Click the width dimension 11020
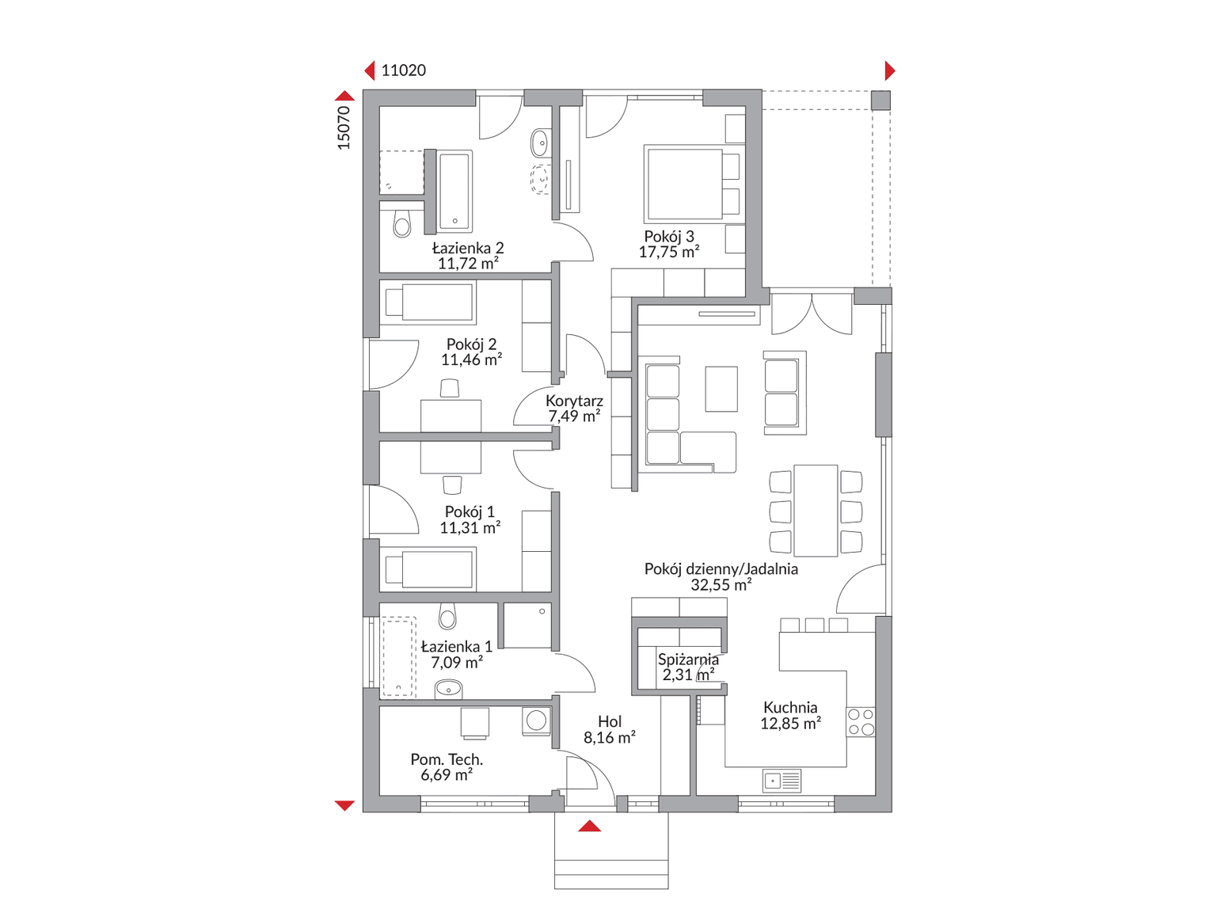pyautogui.click(x=403, y=70)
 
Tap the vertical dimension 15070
pyautogui.click(x=344, y=128)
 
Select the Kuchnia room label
pyautogui.click(x=790, y=707)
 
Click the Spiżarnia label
pyautogui.click(x=688, y=660)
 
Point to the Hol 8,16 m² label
pyautogui.click(x=610, y=729)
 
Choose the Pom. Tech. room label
pyautogui.click(x=447, y=759)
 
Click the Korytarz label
pyautogui.click(x=574, y=401)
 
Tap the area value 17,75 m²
pyautogui.click(x=669, y=252)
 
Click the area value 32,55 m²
pyautogui.click(x=721, y=585)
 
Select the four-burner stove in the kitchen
pyautogui.click(x=861, y=722)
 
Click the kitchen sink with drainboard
pyautogui.click(x=781, y=781)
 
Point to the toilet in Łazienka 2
pyautogui.click(x=402, y=223)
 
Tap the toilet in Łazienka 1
pyautogui.click(x=447, y=616)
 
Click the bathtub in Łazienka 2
pyautogui.click(x=454, y=191)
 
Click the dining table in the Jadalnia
pyautogui.click(x=816, y=511)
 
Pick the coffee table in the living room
pyautogui.click(x=721, y=389)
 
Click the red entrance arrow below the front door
pyautogui.click(x=589, y=826)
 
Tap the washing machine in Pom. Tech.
pyautogui.click(x=536, y=721)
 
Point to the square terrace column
pyautogui.click(x=880, y=101)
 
